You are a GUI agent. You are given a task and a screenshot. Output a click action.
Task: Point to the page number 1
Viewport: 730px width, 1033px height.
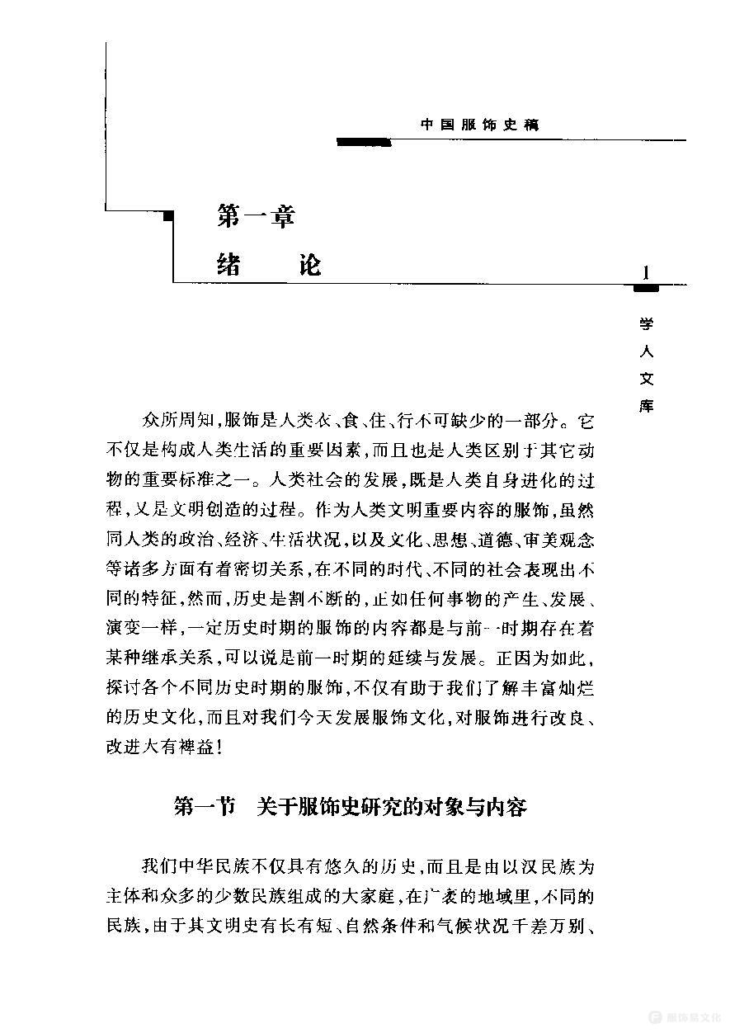tap(645, 272)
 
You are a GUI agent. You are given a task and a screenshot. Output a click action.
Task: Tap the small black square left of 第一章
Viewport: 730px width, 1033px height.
tap(170, 216)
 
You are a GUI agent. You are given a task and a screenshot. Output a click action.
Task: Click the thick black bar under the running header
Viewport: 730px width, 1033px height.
tap(363, 142)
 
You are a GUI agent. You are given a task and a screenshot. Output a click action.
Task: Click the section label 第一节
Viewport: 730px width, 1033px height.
tap(204, 806)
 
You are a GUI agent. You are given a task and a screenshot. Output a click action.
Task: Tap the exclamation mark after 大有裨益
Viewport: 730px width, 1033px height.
tap(218, 747)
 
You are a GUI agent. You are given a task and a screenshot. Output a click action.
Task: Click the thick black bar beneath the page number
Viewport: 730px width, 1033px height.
tap(645, 288)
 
